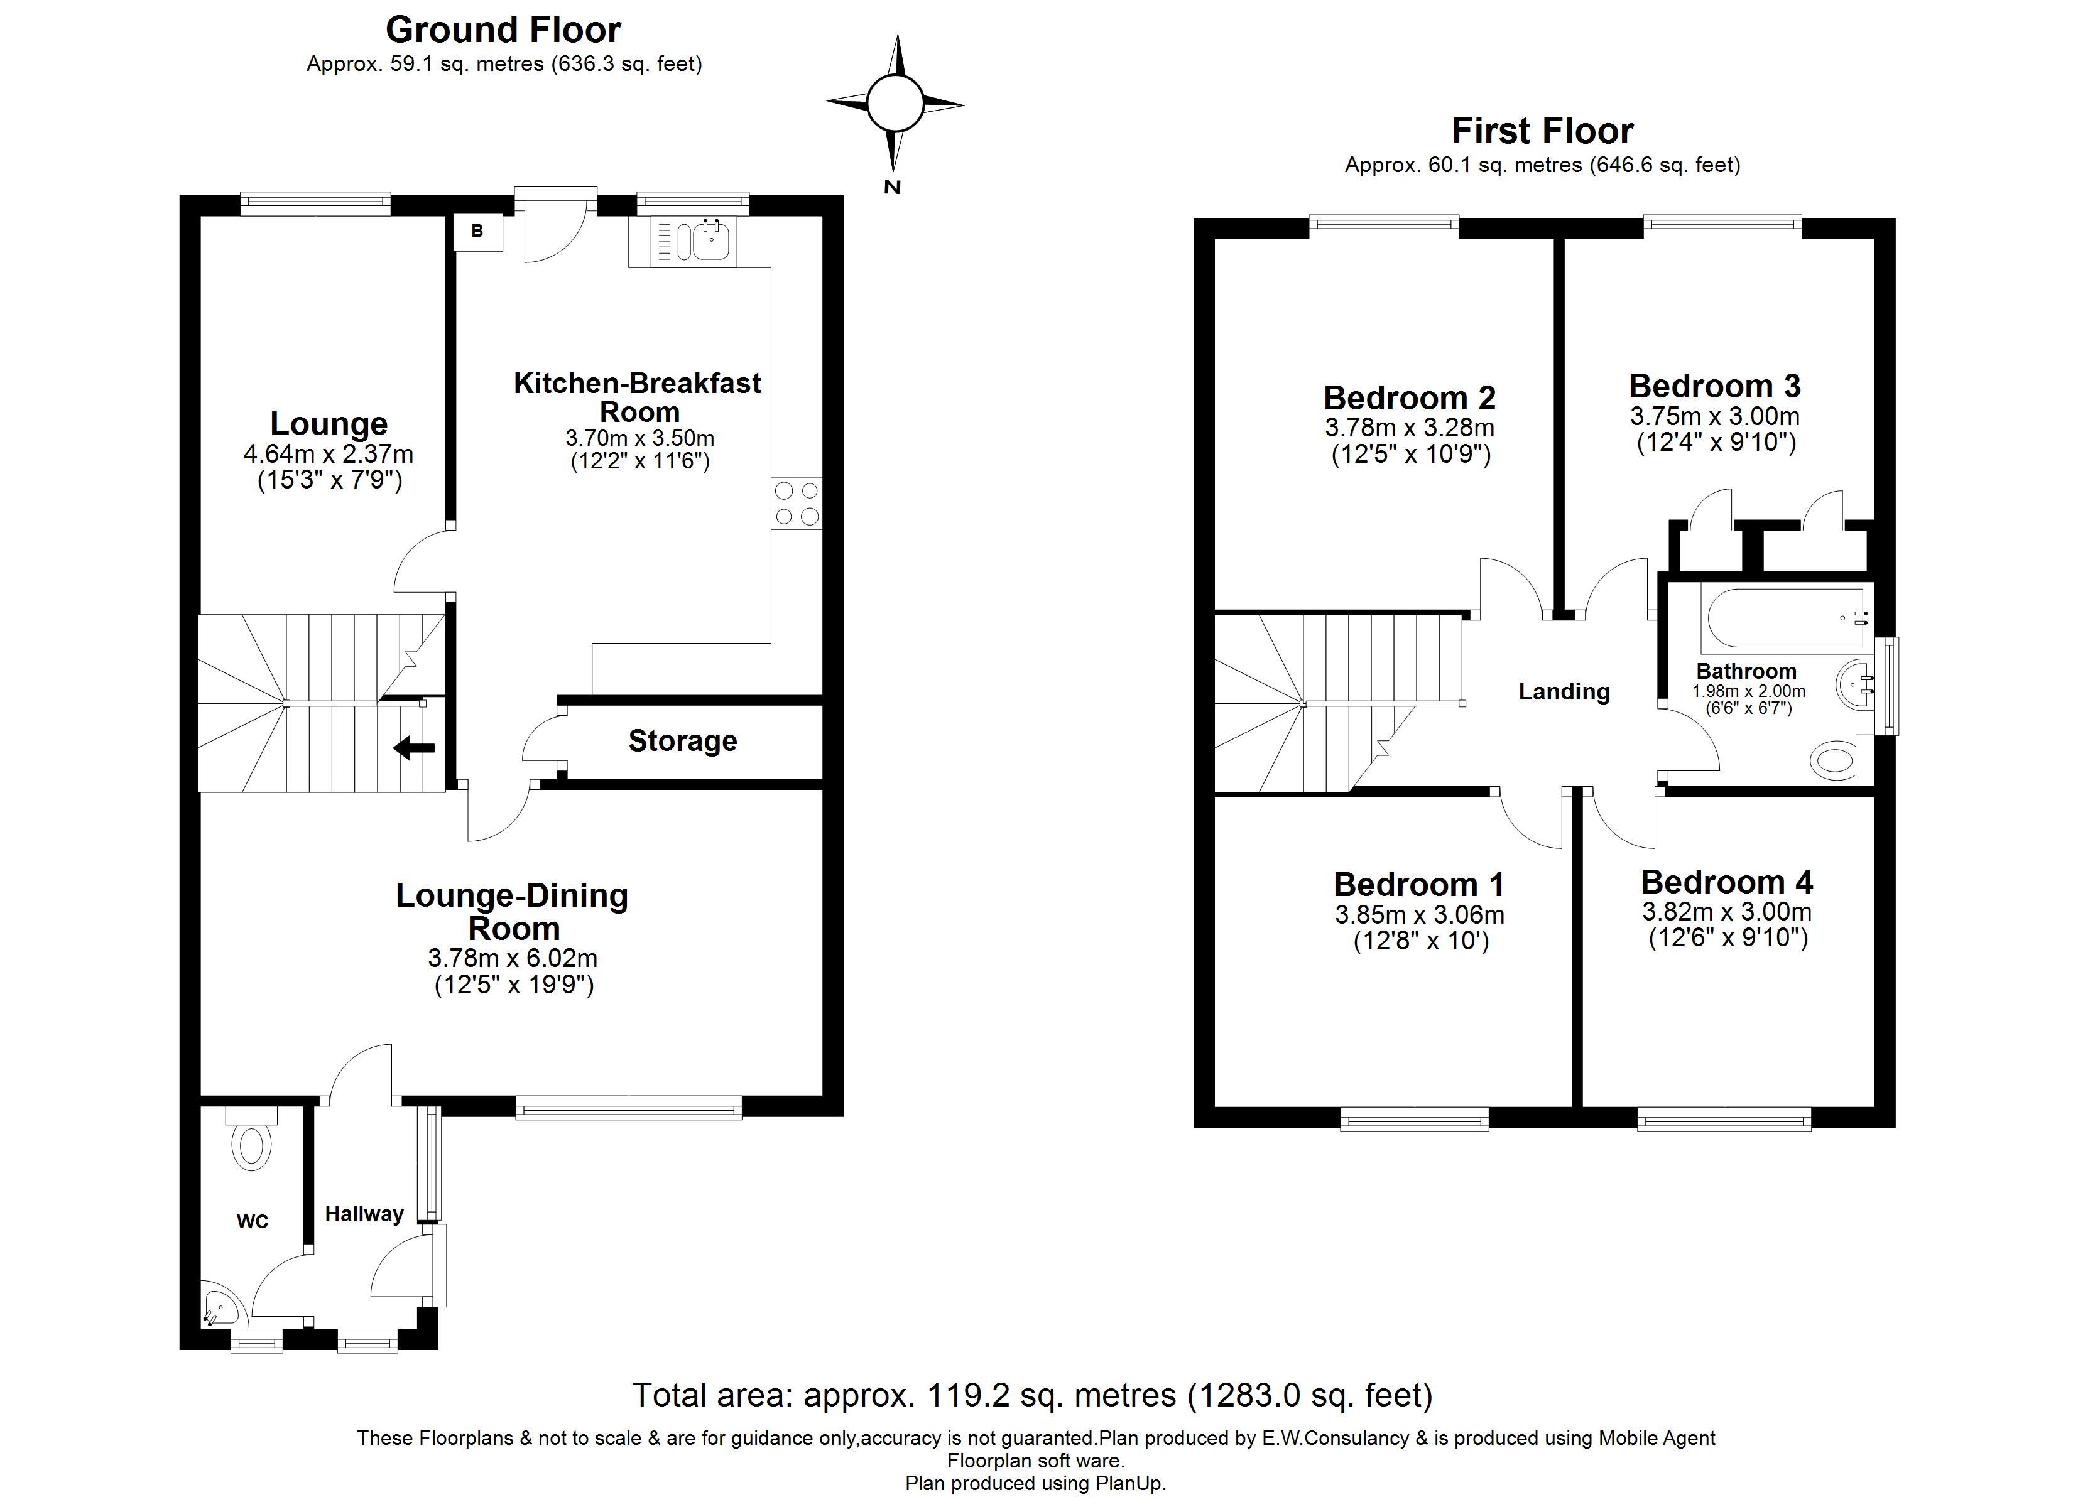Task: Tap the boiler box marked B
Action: pyautogui.click(x=478, y=232)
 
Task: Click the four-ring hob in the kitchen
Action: pyautogui.click(x=796, y=504)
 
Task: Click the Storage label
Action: pyautogui.click(x=683, y=740)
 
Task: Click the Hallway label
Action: pyautogui.click(x=364, y=1214)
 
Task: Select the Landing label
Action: pyautogui.click(x=1564, y=692)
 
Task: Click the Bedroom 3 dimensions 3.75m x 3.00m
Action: pyautogui.click(x=1715, y=417)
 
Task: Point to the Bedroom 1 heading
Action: pyautogui.click(x=1418, y=885)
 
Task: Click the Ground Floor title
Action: pyautogui.click(x=504, y=30)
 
